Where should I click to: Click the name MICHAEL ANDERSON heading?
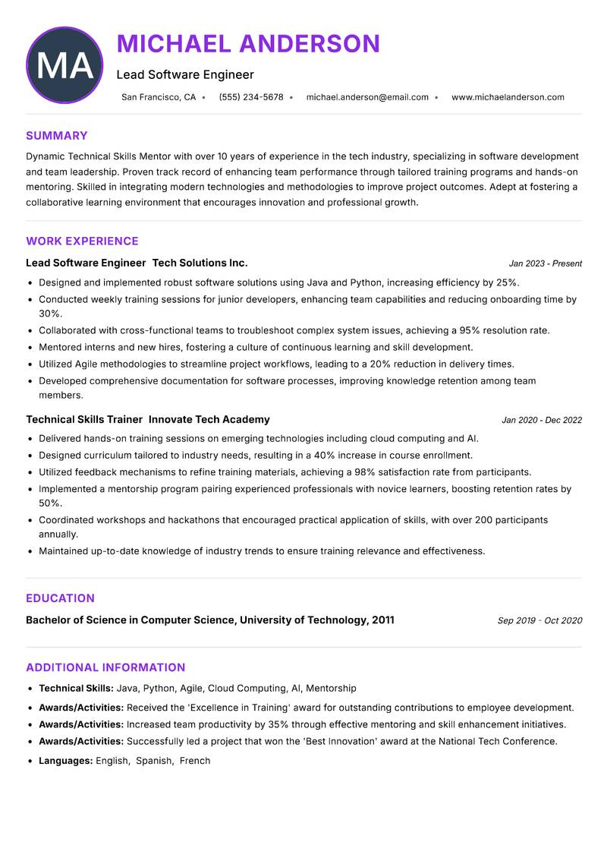pyautogui.click(x=248, y=43)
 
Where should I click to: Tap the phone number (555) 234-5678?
pyautogui.click(x=251, y=97)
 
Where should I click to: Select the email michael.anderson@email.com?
pyautogui.click(x=367, y=97)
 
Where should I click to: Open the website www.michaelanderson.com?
pyautogui.click(x=508, y=97)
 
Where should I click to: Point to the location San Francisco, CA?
pyautogui.click(x=159, y=97)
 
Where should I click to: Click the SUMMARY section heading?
pyautogui.click(x=57, y=136)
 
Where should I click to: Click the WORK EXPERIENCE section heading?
pyautogui.click(x=82, y=241)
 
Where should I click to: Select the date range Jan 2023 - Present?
pyautogui.click(x=545, y=263)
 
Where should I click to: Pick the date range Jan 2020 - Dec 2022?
pyautogui.click(x=542, y=420)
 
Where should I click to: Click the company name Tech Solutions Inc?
pyautogui.click(x=200, y=263)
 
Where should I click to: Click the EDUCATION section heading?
pyautogui.click(x=60, y=598)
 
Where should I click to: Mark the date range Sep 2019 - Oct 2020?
pyautogui.click(x=539, y=620)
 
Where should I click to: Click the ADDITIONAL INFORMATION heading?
pyautogui.click(x=105, y=667)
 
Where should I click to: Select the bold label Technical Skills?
pyautogui.click(x=76, y=688)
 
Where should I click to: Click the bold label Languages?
pyautogui.click(x=65, y=760)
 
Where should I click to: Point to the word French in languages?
pyautogui.click(x=195, y=760)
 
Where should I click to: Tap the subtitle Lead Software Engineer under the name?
pyautogui.click(x=185, y=74)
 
